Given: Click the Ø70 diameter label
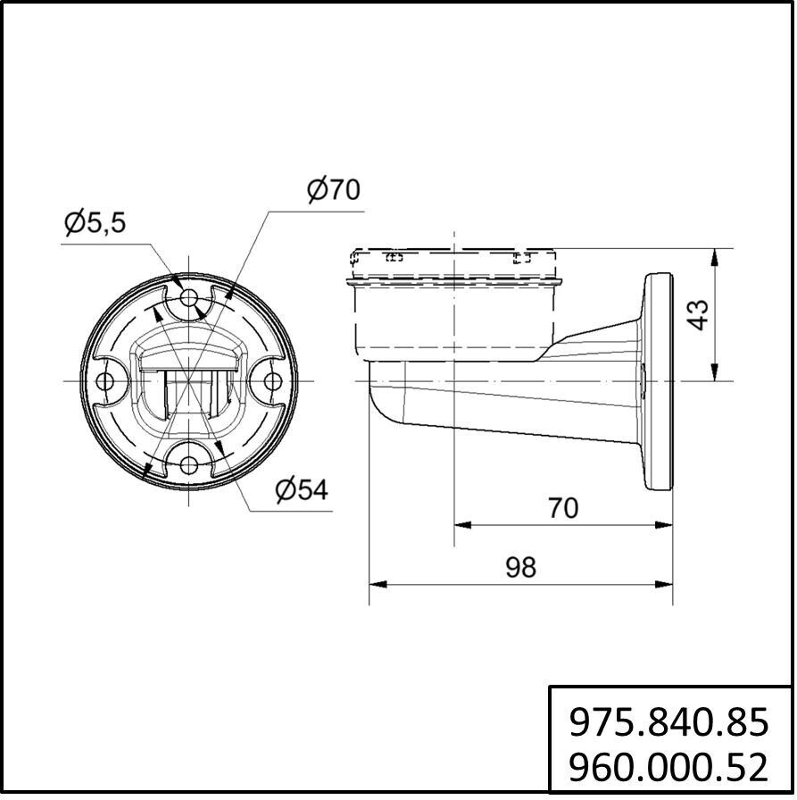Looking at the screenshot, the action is [x=334, y=190].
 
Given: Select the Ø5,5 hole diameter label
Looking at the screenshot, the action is [x=95, y=222].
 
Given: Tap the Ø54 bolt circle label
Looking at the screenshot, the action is [x=302, y=490].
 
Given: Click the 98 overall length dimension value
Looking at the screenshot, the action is [x=520, y=567].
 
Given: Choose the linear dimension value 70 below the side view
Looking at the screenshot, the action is [x=563, y=508].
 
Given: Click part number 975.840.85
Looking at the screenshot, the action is [x=668, y=722].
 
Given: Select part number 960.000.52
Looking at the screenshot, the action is [x=668, y=767].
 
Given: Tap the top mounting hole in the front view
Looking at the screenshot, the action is [x=189, y=297].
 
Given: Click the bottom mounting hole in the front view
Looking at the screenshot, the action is [x=189, y=464].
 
